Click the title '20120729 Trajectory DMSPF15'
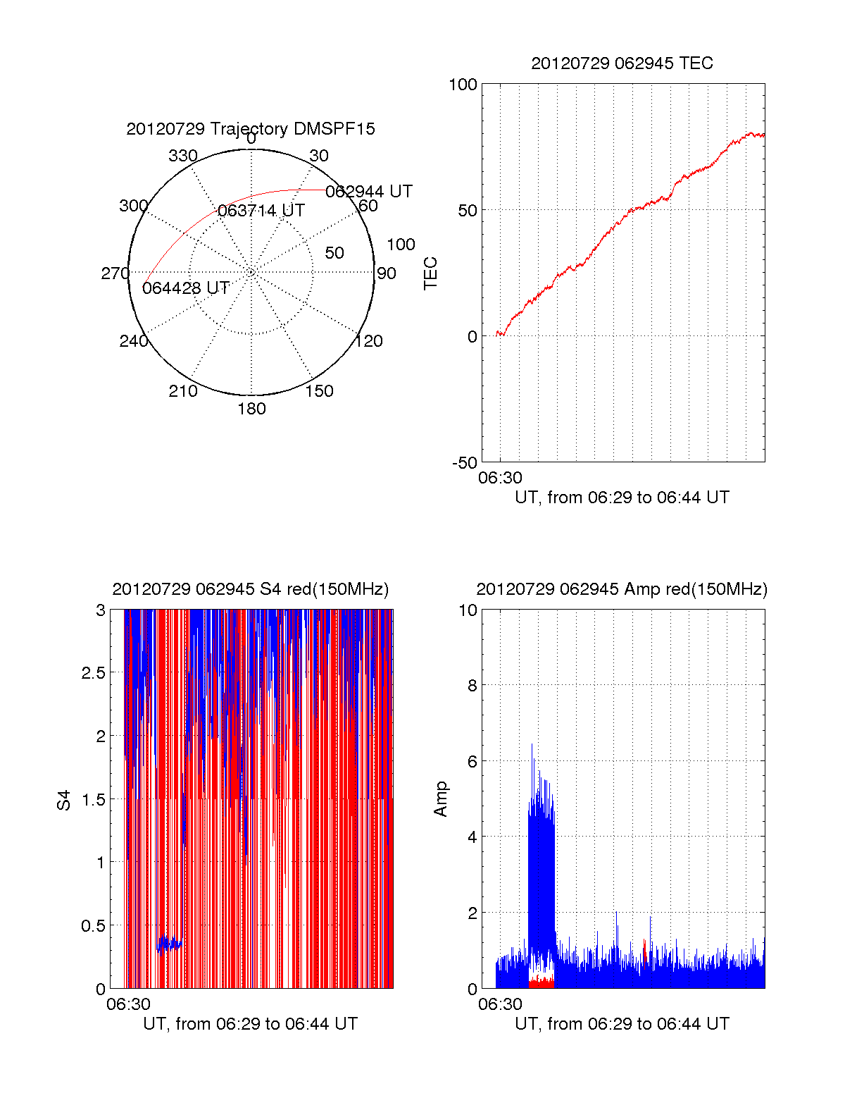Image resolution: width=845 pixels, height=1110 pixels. [251, 129]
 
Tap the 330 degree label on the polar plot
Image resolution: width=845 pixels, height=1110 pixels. [183, 156]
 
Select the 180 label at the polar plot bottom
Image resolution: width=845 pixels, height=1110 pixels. [251, 409]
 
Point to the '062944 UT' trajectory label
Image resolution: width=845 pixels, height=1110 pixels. [369, 192]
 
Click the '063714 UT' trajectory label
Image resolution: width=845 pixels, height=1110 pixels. [261, 211]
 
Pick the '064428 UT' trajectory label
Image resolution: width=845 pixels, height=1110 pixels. [186, 288]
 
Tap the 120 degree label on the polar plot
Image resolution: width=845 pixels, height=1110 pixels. [369, 341]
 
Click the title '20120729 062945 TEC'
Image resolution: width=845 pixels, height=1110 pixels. [622, 63]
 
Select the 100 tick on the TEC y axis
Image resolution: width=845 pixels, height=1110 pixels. [463, 85]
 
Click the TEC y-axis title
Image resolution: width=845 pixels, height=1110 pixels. [431, 273]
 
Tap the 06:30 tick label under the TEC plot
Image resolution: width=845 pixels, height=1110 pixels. [500, 478]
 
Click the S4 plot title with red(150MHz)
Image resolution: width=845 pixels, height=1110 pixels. [251, 589]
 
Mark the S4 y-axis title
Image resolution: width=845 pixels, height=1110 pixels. [65, 800]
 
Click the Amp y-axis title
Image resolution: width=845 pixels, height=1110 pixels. [441, 799]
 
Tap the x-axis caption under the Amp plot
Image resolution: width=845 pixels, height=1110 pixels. [622, 1024]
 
